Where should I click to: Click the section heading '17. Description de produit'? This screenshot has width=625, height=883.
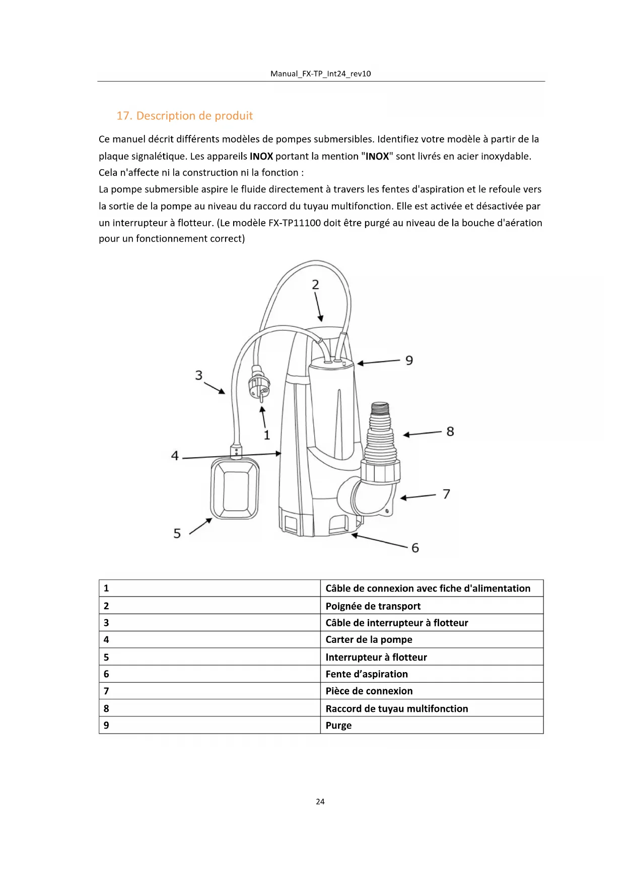pos(184,116)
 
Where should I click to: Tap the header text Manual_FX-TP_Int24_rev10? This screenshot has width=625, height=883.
pos(320,73)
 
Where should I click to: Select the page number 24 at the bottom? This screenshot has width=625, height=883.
pos(320,801)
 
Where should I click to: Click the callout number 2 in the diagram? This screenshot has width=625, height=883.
pos(315,285)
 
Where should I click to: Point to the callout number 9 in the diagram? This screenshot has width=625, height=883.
pos(409,360)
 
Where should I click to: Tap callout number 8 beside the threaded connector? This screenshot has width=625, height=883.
pos(450,431)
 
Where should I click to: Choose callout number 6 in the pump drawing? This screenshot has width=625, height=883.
pos(415,548)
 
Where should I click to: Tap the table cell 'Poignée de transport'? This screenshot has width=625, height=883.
pos(373,606)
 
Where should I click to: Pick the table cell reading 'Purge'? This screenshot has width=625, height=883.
pos(338,725)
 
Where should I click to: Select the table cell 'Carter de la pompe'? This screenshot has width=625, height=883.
pos(369,639)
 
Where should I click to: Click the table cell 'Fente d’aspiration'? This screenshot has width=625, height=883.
pos(367,674)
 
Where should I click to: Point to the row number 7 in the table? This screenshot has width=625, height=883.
pos(106,691)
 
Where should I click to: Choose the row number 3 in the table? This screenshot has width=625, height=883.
pos(106,623)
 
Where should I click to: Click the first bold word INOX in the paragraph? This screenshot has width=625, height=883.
pos(261,156)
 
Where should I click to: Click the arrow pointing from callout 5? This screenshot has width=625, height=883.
pos(200,526)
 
